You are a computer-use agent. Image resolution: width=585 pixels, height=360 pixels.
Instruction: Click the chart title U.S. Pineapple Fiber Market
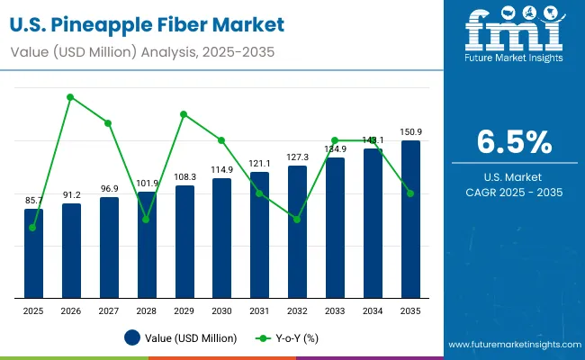[x=149, y=24]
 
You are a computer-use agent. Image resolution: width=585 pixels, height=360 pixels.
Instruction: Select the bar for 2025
[x=33, y=253]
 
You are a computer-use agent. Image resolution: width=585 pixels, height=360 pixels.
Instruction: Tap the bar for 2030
[x=221, y=238]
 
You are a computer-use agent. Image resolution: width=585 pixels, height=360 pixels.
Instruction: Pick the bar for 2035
[x=410, y=219]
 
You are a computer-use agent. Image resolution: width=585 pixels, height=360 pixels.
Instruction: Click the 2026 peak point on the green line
[x=71, y=96]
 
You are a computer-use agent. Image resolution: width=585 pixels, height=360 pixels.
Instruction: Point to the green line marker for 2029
[x=184, y=114]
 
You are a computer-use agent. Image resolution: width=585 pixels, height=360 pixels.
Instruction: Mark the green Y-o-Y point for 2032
[x=297, y=220]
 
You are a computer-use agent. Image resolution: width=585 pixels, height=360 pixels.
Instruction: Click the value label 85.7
[x=33, y=200]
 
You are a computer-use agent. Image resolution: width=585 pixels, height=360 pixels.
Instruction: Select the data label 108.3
[x=184, y=177]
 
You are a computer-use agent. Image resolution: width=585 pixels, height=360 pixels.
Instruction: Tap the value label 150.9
[x=411, y=132]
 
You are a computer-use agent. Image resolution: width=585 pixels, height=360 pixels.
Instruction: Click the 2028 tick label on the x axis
[x=146, y=310]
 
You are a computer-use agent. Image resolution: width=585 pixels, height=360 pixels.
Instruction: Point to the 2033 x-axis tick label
[x=335, y=310]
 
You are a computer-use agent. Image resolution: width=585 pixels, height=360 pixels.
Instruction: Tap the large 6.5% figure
[x=514, y=143]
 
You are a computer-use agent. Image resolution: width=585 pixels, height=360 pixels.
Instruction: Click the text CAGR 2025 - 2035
[x=514, y=193]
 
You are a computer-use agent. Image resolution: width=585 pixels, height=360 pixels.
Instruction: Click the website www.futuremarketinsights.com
[x=512, y=345]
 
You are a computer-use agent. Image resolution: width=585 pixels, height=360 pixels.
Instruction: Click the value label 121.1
[x=260, y=163]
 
